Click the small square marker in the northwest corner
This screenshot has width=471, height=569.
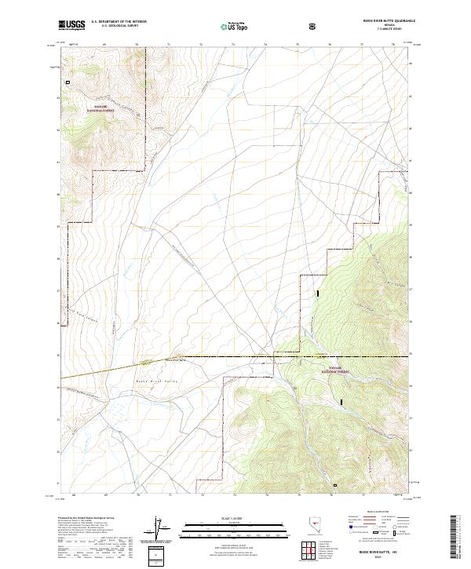tap(68, 82)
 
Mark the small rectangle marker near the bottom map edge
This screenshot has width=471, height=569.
tap(335, 485)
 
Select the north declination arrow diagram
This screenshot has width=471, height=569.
tap(160, 529)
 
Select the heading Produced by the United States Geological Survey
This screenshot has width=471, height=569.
tap(86, 519)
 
